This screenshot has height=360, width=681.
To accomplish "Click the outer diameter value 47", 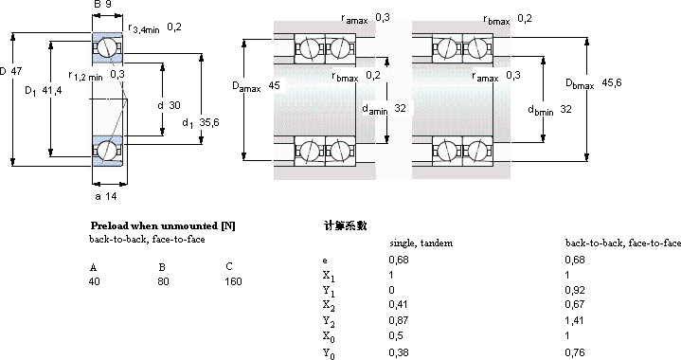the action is pyautogui.click(x=16, y=71).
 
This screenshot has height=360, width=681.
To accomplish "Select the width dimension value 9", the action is pyautogui.click(x=108, y=5).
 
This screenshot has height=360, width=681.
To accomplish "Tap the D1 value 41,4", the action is pyautogui.click(x=52, y=90).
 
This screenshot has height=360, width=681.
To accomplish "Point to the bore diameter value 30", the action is pyautogui.click(x=174, y=105).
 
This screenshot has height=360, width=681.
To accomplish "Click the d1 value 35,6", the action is pyautogui.click(x=209, y=122).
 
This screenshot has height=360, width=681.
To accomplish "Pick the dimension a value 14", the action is pyautogui.click(x=111, y=196).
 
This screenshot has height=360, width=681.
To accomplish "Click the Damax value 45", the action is pyautogui.click(x=274, y=85).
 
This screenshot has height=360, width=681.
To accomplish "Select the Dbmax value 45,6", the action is pyautogui.click(x=612, y=82).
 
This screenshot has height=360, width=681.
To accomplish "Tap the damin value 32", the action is pyautogui.click(x=400, y=108).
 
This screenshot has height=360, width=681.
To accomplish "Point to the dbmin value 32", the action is pyautogui.click(x=565, y=109).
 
